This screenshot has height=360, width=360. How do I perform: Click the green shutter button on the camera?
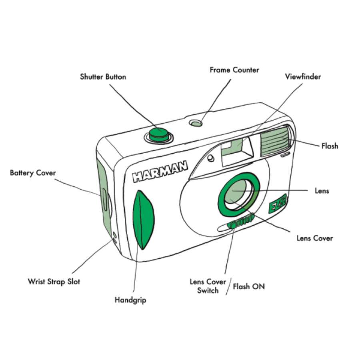(159, 134)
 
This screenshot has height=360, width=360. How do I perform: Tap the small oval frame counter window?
(196, 123)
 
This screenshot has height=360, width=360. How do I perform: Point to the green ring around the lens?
(239, 195)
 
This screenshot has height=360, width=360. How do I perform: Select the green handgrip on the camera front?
(144, 220)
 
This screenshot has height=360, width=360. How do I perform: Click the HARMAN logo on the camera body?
(160, 171)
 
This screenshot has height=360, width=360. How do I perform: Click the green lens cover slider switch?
(240, 221)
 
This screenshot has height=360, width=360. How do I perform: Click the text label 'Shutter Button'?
(103, 77)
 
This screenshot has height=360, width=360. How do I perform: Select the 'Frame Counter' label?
(234, 70)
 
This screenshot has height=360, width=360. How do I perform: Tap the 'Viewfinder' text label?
(303, 76)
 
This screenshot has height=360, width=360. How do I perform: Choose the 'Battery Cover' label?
(33, 173)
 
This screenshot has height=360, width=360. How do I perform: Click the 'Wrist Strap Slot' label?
(54, 282)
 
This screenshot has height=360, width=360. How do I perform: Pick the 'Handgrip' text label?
(130, 300)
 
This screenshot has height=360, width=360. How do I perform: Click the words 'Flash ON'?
(249, 286)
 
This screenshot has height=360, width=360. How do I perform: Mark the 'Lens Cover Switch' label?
(208, 286)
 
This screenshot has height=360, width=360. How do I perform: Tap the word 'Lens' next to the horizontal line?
(322, 191)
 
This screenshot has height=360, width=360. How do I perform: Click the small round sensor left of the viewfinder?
(210, 158)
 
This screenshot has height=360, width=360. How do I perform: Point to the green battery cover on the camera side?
(104, 198)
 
